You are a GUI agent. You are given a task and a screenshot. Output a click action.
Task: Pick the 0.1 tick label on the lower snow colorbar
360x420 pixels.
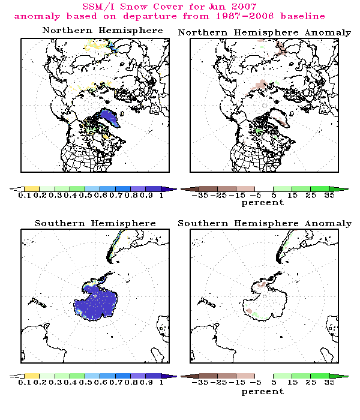pos(25,382)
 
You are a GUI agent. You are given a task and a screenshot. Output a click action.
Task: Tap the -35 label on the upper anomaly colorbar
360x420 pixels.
pos(196,196)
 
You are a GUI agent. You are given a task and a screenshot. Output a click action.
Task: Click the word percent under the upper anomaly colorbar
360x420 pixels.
pos(262,203)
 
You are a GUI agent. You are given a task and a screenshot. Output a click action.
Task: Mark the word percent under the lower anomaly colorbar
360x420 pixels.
pos(262,391)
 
